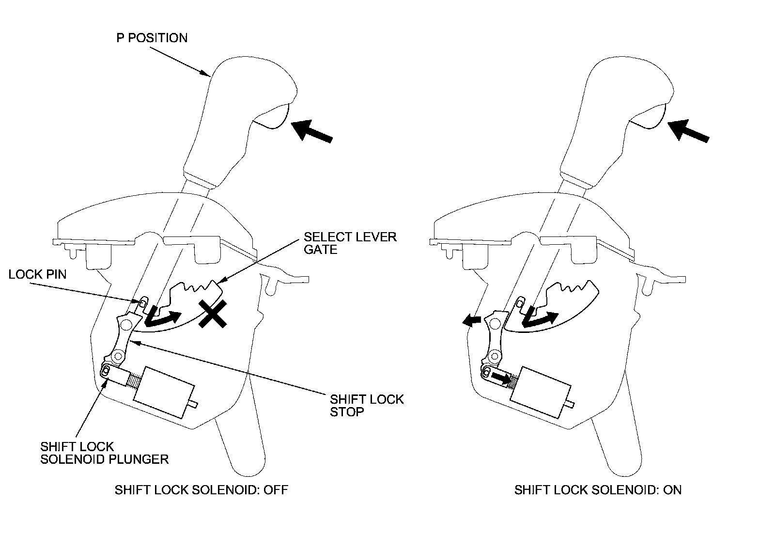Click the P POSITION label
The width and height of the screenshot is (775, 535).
(152, 38)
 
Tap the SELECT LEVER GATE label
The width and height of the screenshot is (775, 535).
(350, 243)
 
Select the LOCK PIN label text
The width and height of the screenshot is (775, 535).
(37, 274)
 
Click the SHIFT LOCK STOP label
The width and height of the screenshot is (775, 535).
(367, 406)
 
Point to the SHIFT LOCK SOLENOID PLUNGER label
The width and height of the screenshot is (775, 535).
(104, 453)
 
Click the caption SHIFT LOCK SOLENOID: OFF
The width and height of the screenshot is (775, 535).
(201, 489)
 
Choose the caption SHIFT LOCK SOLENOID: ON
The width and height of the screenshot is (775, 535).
(598, 489)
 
